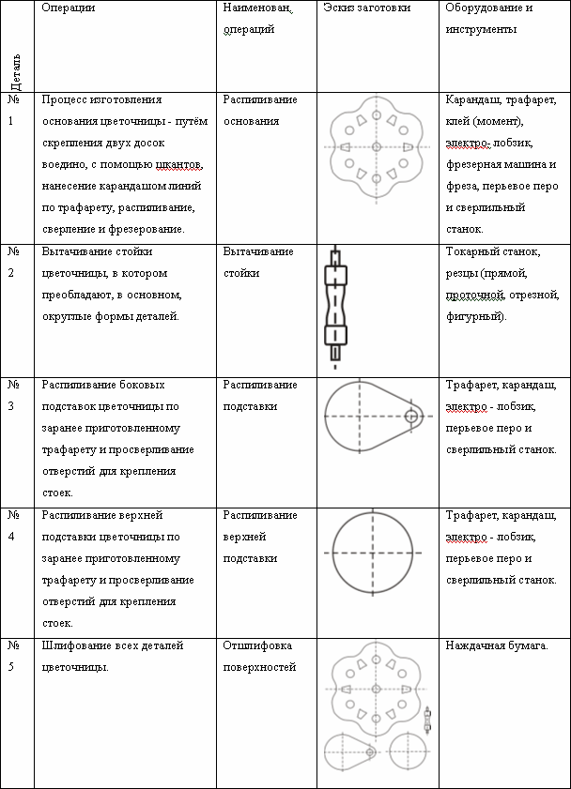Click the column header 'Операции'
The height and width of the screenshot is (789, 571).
(69, 8)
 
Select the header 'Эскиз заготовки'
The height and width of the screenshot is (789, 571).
(366, 8)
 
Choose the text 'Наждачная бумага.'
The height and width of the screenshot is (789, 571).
(495, 645)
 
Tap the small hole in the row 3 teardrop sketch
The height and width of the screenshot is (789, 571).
(410, 417)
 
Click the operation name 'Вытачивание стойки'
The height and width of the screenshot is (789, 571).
(258, 262)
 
